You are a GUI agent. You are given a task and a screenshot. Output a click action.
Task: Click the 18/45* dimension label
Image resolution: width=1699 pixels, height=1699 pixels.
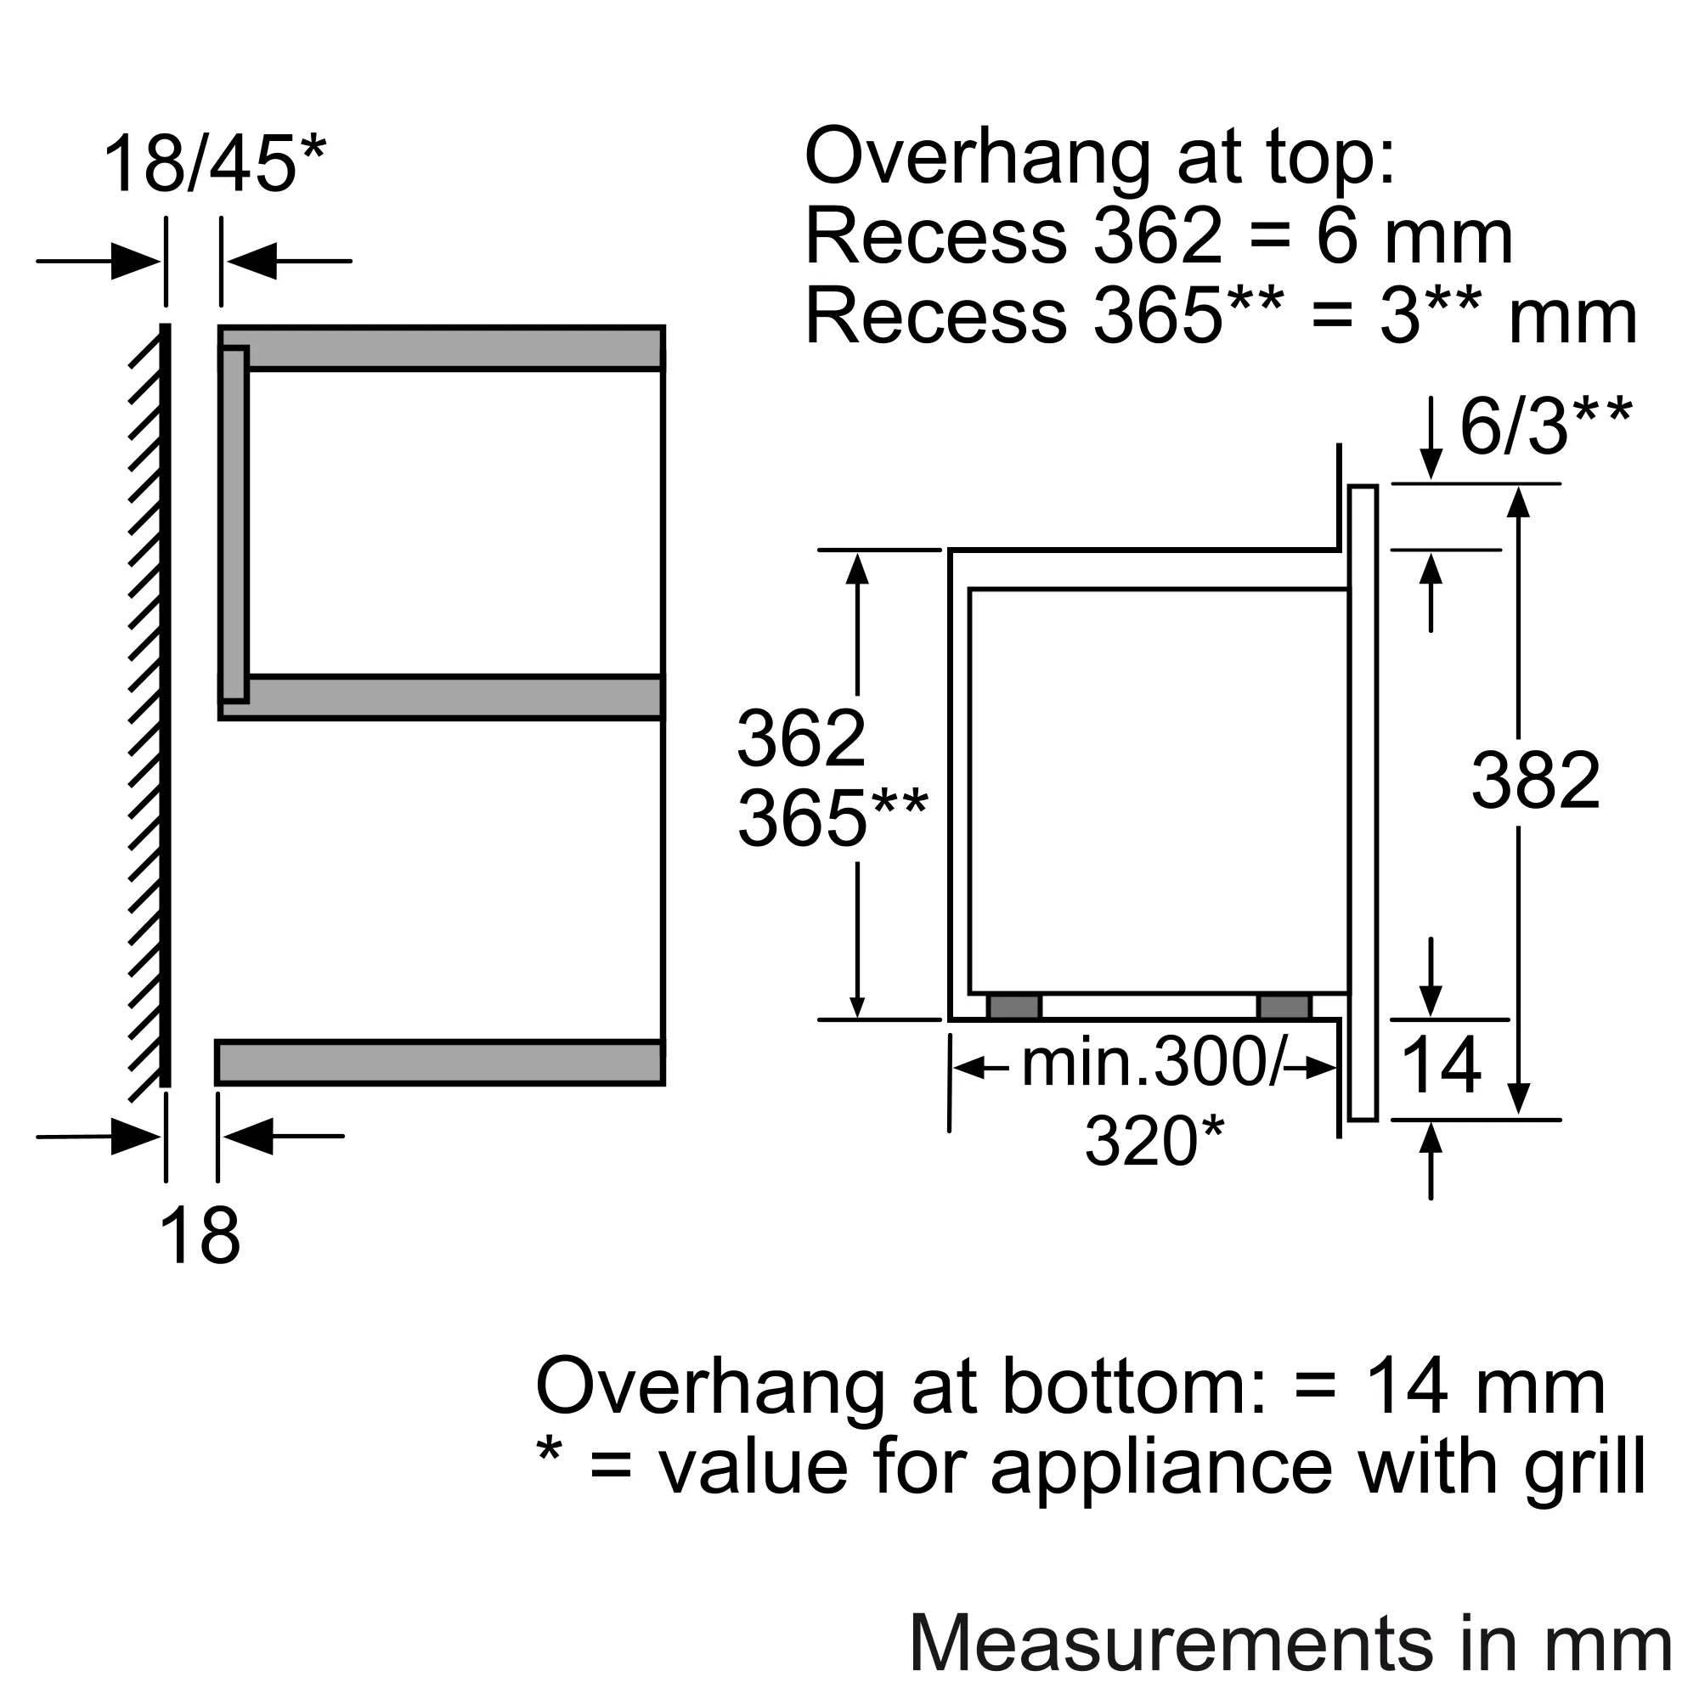coord(215,164)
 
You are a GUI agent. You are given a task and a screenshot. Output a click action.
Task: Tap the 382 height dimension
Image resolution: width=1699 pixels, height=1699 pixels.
coord(1535,781)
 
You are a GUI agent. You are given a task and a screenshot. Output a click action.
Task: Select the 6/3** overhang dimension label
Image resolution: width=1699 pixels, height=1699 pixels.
coord(1545,426)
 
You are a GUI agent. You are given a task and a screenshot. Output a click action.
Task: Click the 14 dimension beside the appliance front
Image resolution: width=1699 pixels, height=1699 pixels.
coord(1440,1065)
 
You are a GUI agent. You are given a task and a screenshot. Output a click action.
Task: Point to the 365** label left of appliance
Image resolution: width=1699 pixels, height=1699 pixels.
coord(832,818)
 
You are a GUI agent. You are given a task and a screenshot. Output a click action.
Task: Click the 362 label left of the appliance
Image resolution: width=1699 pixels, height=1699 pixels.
coord(801,739)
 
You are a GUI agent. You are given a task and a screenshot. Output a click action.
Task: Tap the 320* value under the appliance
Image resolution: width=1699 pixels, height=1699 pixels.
coord(1154,1142)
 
